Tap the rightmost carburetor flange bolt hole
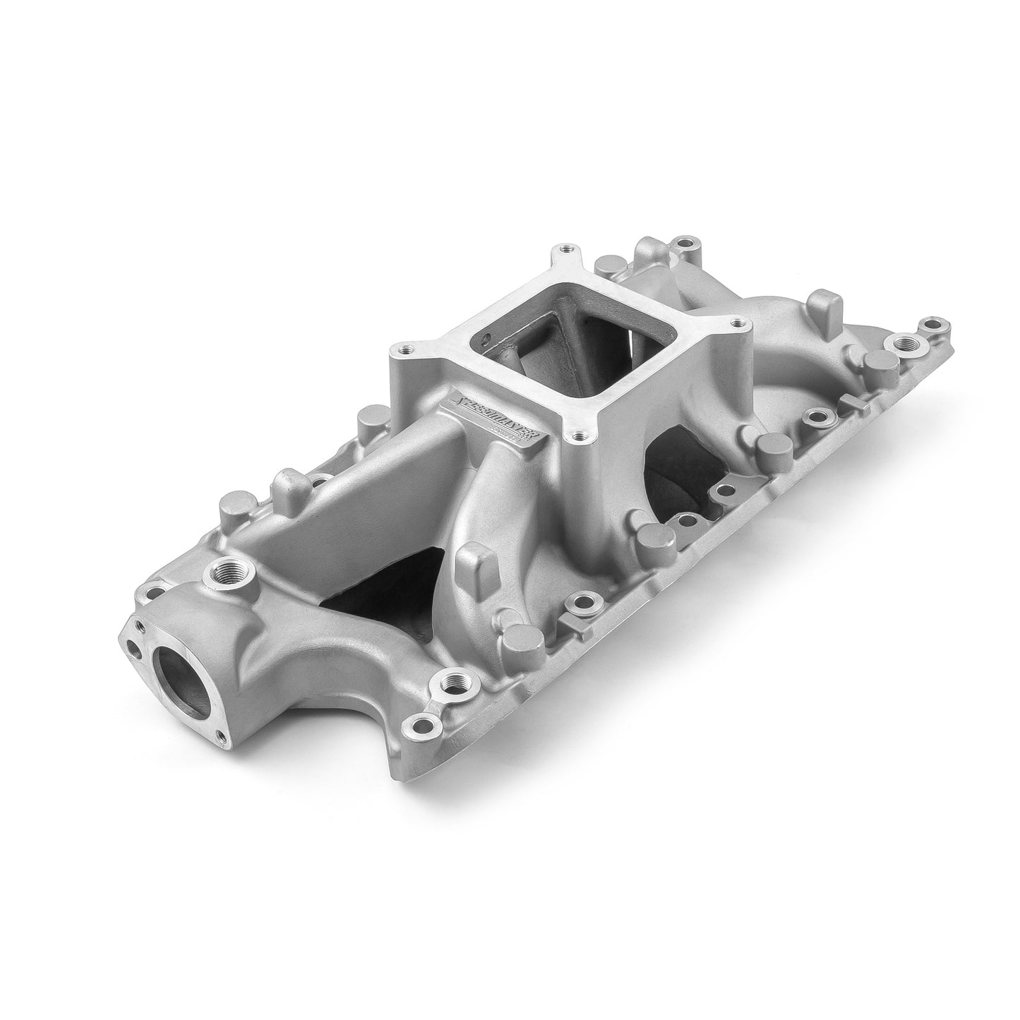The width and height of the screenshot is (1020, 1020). point(738,324)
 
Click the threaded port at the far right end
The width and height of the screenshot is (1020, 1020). point(903,344)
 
